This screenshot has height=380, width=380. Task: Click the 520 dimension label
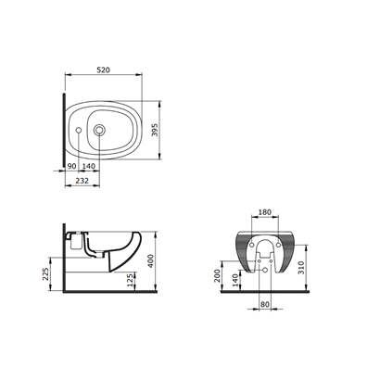(x=104, y=70)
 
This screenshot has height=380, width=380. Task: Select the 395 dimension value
(x=155, y=130)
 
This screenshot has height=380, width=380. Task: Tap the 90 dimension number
(x=71, y=166)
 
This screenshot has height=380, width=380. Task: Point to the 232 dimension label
(x=82, y=181)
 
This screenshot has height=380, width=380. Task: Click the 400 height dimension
(x=150, y=261)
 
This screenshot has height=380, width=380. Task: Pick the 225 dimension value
(x=45, y=274)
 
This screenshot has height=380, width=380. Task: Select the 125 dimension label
(x=131, y=280)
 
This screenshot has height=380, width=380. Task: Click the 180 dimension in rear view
(x=265, y=212)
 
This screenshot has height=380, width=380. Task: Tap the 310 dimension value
(x=301, y=268)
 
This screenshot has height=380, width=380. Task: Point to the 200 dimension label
(x=217, y=275)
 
